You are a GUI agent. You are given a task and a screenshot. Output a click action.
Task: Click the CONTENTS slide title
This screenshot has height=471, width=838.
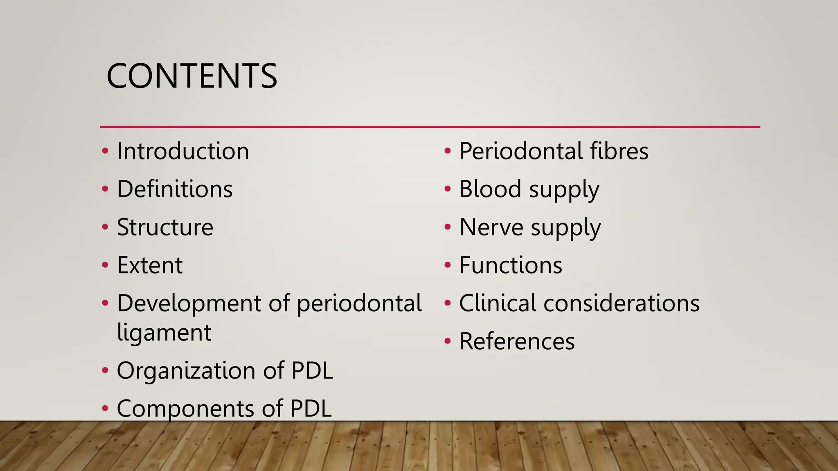click(191, 76)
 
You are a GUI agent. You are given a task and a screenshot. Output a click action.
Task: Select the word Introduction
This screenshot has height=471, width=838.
click(183, 151)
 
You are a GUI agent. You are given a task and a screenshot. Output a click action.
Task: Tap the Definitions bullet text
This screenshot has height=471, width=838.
click(175, 189)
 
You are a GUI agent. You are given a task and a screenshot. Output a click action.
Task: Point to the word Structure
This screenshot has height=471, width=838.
click(165, 227)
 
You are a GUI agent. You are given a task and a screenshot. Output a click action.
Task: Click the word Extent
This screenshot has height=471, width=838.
click(150, 265)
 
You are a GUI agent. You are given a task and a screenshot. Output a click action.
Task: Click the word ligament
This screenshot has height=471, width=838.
click(164, 333)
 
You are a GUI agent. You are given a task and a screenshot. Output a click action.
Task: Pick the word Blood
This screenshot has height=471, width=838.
click(490, 189)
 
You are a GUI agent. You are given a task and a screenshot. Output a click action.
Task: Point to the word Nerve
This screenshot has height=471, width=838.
click(491, 227)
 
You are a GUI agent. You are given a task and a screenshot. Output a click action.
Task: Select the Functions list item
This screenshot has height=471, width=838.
click(511, 265)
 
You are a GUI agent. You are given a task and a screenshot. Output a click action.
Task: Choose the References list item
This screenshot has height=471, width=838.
click(517, 341)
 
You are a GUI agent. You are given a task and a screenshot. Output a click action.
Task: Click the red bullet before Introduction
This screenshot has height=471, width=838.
click(105, 151)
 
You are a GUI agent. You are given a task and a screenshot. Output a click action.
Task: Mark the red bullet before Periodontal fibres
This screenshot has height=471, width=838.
click(448, 151)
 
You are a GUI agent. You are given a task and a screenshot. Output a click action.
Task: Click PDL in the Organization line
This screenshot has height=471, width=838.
click(312, 371)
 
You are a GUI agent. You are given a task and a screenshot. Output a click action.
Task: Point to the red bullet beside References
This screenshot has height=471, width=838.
click(448, 341)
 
